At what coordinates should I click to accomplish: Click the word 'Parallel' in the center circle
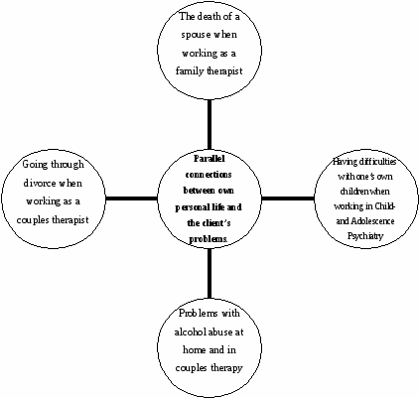click(209, 159)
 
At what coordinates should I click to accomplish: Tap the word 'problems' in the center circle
click(209, 239)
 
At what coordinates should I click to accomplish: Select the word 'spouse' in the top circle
click(196, 35)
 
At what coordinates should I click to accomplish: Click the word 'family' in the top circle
click(190, 71)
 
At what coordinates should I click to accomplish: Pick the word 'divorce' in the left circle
click(40, 183)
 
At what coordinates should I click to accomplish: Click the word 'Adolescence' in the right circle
click(372, 220)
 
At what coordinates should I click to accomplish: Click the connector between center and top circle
click(209, 125)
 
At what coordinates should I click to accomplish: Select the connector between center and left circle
click(132, 199)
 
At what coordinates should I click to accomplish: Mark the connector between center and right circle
click(288, 199)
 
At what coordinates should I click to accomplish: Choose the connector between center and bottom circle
click(209, 273)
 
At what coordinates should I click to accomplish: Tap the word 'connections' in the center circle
click(209, 175)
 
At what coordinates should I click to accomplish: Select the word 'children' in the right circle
click(354, 192)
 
